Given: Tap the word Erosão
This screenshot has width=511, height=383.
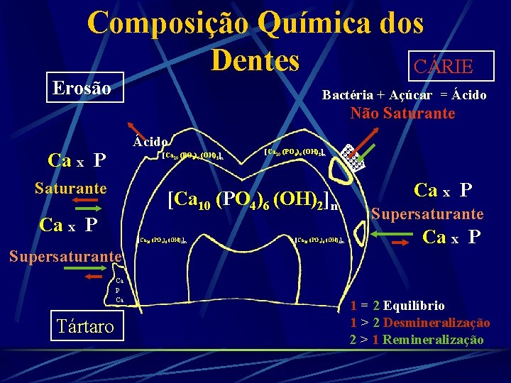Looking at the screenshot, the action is coord(82,89).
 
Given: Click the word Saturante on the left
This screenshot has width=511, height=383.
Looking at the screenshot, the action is coord(71,189).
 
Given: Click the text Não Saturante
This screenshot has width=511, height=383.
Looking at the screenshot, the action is coord(402,113).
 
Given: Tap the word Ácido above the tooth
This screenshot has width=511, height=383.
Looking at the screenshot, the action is coord(150,141).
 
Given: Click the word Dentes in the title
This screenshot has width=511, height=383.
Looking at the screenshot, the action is coord(255,60).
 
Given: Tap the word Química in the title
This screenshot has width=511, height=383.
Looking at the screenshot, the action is coord(304,23).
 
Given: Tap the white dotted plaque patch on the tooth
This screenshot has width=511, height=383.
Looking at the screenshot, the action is coord(352,157).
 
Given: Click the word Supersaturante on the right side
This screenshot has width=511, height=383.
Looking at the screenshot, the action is coord(427,214).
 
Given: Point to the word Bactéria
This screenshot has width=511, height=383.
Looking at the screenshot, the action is coord(346,94).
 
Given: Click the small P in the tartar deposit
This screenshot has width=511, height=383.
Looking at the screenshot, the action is coord(118,292).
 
